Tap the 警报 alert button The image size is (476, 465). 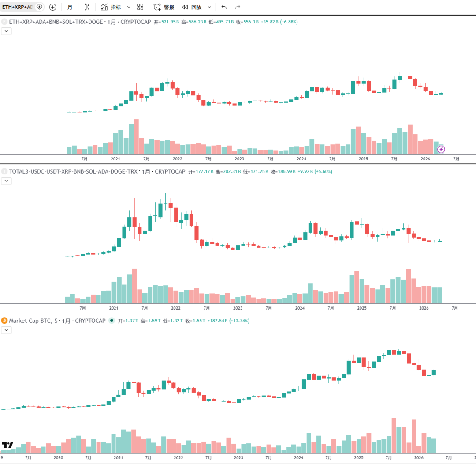pyautogui.click(x=164, y=7)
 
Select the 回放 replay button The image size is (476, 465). pyautogui.click(x=192, y=7)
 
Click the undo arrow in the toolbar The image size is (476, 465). pyautogui.click(x=224, y=7)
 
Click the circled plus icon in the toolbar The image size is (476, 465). pyautogui.click(x=53, y=7)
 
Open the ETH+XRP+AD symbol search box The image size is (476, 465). pyautogui.click(x=18, y=7)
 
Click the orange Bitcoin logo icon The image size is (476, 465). pyautogui.click(x=4, y=321)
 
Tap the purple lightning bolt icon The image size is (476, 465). pyautogui.click(x=441, y=149)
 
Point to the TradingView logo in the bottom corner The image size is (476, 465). pyautogui.click(x=7, y=445)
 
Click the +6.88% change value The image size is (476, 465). pyautogui.click(x=290, y=22)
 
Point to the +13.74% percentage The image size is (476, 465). pyautogui.click(x=240, y=321)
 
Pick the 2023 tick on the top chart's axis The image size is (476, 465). pyautogui.click(x=239, y=159)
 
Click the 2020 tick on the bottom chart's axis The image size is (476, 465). pyautogui.click(x=58, y=458)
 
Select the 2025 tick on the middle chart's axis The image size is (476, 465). pyautogui.click(x=362, y=308)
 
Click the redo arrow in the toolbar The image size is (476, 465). pyautogui.click(x=238, y=7)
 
